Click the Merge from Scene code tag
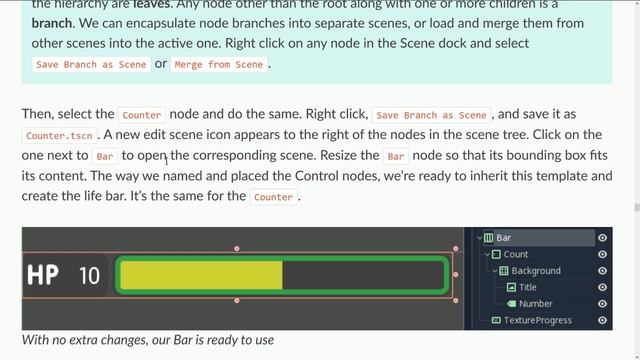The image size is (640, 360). [x=219, y=64]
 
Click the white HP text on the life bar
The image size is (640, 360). [x=43, y=274]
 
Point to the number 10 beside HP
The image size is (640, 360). [x=89, y=275]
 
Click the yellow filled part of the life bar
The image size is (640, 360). [x=200, y=275]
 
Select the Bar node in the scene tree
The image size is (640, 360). [x=504, y=238]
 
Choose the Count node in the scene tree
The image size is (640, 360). [x=516, y=254]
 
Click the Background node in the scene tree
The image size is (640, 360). [x=536, y=271]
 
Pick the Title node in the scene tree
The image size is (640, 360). [x=528, y=287]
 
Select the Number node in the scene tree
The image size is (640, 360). [x=536, y=303]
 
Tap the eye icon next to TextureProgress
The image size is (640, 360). [x=603, y=320]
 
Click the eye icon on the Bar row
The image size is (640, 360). [x=603, y=238]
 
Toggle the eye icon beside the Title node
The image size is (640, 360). [x=603, y=287]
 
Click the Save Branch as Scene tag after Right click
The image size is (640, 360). [x=432, y=115]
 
